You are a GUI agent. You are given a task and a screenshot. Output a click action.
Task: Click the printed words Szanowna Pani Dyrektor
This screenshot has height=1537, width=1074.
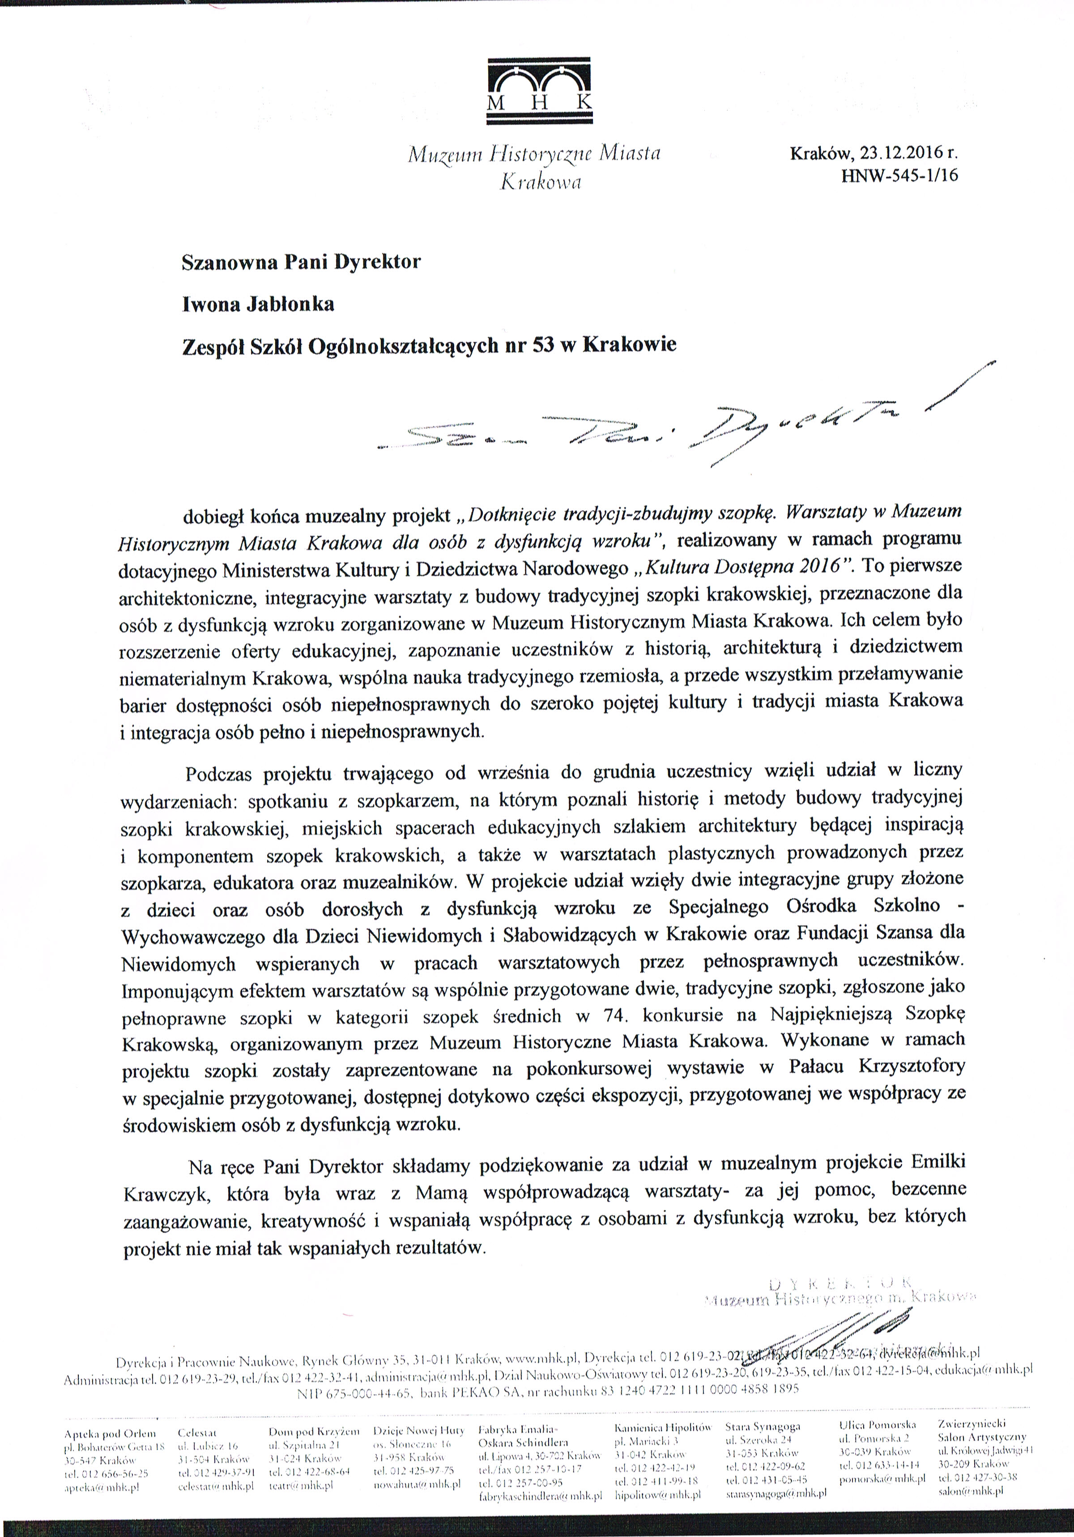(301, 261)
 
